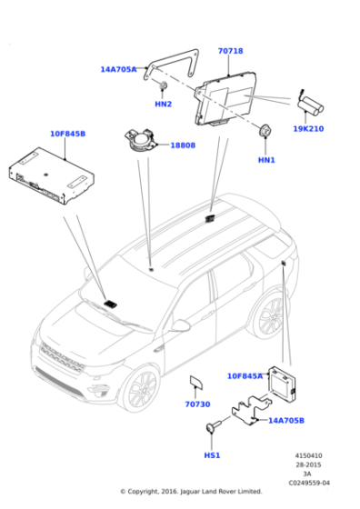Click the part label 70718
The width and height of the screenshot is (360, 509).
[230, 51]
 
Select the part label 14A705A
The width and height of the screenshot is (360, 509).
[118, 69]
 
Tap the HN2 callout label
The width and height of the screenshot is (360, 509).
[164, 105]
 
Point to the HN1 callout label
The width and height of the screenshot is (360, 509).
[266, 160]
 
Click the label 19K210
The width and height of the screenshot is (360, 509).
[308, 129]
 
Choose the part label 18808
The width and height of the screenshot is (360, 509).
[183, 145]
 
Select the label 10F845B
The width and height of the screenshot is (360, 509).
[67, 134]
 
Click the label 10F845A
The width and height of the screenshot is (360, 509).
[245, 376]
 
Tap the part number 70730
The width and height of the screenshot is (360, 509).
[197, 404]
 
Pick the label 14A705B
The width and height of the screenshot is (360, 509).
[286, 420]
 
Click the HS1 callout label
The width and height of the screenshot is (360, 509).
[212, 455]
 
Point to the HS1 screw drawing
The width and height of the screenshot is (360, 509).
[214, 425]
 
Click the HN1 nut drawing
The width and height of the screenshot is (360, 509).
[265, 131]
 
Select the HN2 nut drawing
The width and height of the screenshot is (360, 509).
[163, 85]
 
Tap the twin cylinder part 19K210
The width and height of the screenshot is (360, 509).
[311, 106]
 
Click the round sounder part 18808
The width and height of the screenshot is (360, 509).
[140, 141]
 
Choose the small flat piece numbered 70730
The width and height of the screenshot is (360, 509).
[196, 382]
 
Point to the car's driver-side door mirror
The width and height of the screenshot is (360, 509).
[181, 325]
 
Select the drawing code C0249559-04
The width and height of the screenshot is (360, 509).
[309, 483]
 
